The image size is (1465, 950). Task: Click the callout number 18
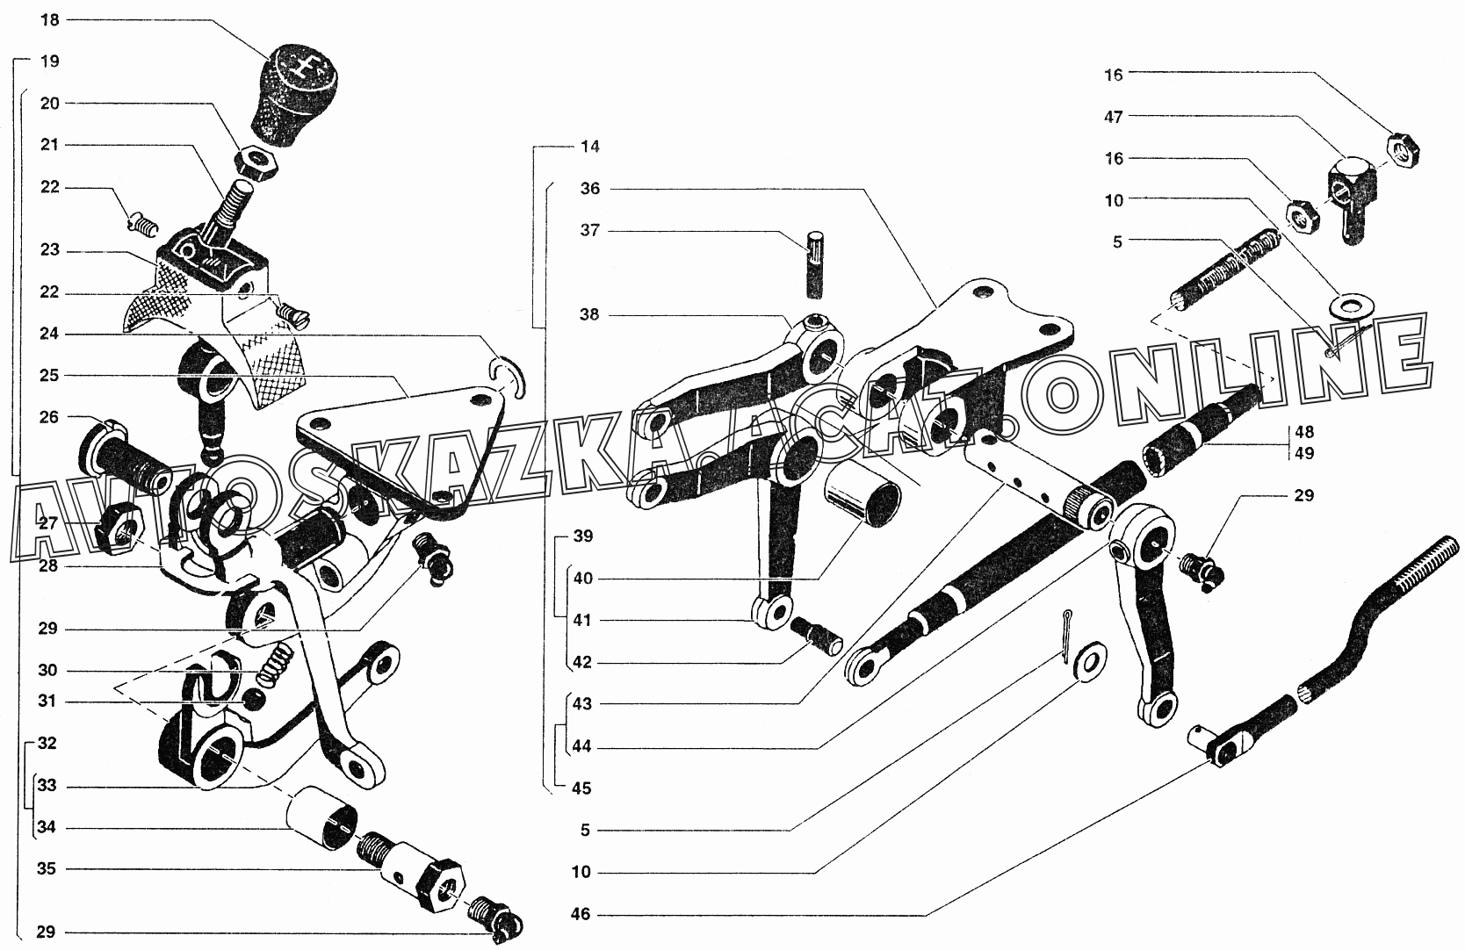click(x=50, y=19)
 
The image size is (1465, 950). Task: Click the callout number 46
click(x=581, y=915)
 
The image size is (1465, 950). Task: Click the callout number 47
click(x=1114, y=117)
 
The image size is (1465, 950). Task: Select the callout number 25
click(x=50, y=376)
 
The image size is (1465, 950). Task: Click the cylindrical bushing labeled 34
click(x=323, y=819)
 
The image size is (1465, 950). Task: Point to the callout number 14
click(x=590, y=147)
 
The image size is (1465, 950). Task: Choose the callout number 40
click(x=583, y=579)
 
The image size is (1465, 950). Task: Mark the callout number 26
click(x=50, y=417)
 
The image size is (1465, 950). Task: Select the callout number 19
click(x=50, y=61)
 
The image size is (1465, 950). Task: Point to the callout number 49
click(x=1303, y=454)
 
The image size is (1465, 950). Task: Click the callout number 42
click(x=583, y=663)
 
